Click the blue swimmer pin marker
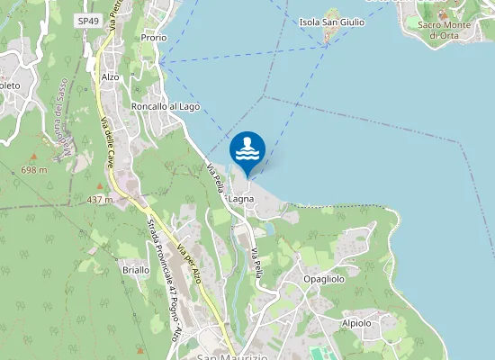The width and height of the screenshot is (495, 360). [247, 150]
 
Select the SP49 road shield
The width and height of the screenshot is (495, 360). [88, 20]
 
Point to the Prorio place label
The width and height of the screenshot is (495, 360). [154, 38]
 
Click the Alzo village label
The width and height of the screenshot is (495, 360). [110, 77]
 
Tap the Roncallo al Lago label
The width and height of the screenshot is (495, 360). [165, 106]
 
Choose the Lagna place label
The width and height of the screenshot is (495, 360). [241, 198]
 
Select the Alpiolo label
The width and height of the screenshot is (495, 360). [357, 322]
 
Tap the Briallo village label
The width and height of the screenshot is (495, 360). [135, 270]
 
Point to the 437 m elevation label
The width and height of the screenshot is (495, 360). [99, 199]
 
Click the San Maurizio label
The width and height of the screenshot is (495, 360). [229, 356]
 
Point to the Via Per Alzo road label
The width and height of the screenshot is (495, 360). [188, 262]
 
